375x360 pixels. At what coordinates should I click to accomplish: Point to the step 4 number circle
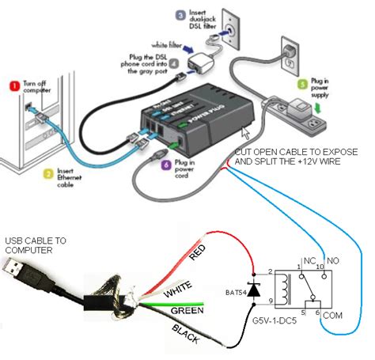click(x=171, y=63)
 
